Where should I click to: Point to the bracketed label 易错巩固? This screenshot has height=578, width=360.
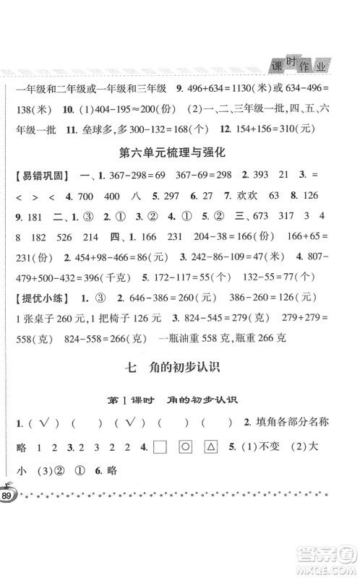pos(36,195)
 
